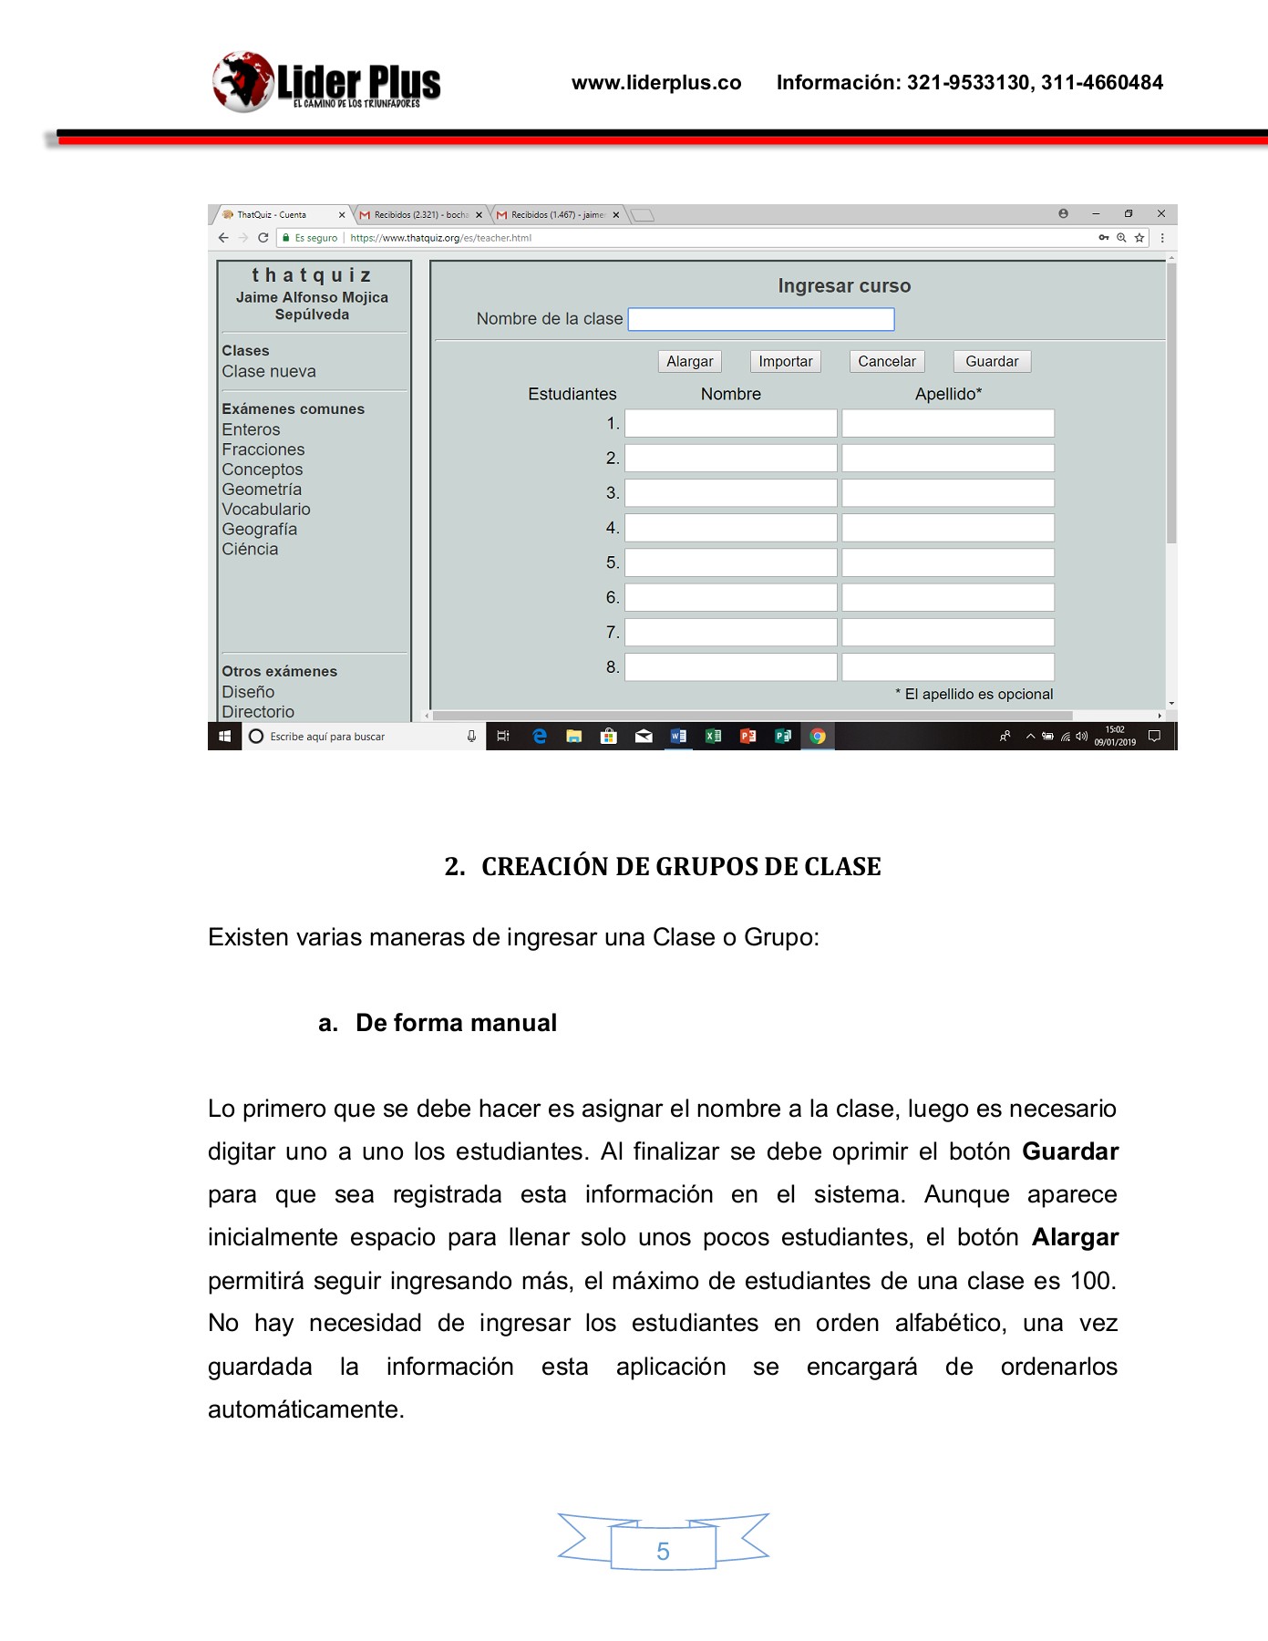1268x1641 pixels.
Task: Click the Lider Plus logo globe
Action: [242, 82]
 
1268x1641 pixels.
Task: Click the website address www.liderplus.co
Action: [656, 83]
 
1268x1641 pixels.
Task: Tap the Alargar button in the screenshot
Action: [689, 362]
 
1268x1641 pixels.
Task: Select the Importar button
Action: [785, 362]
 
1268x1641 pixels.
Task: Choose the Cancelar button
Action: [886, 362]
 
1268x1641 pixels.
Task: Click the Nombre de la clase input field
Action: [760, 319]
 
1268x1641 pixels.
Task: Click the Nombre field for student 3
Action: [730, 493]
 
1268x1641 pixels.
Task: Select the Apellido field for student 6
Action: [947, 598]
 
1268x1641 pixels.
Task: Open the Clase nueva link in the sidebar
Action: [269, 372]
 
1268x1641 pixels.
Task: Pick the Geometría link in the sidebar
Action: [262, 490]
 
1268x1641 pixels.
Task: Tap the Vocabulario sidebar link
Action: [266, 510]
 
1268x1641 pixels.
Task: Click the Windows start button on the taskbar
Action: [225, 737]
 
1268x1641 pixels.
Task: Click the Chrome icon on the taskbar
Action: [818, 737]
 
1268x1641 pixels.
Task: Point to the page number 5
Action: [663, 1552]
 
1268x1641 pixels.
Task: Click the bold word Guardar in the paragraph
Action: [1070, 1151]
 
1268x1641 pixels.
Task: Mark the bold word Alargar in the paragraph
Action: [1075, 1237]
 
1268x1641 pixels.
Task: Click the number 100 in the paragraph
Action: [1090, 1281]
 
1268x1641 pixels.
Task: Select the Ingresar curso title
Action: [844, 286]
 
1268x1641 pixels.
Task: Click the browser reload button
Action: [263, 238]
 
